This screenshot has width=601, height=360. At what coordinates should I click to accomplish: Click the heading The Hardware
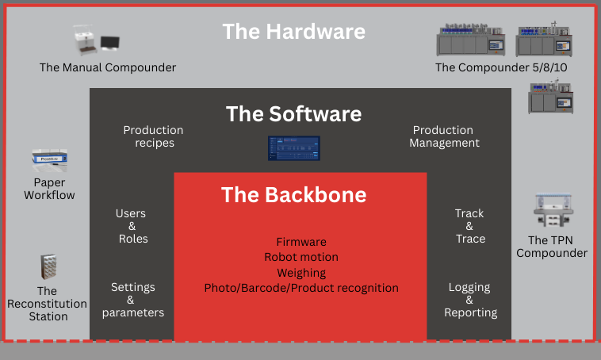(293, 31)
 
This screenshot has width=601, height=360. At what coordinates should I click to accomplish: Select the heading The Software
(293, 113)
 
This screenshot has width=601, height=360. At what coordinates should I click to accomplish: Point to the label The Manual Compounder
(108, 67)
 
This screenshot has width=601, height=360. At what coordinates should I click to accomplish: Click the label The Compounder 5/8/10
(501, 67)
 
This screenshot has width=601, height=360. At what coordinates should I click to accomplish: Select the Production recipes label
(153, 136)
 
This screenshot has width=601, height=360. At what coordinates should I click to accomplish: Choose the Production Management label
(446, 136)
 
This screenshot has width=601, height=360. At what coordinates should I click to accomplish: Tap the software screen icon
(293, 149)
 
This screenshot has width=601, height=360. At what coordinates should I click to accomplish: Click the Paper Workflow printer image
(49, 161)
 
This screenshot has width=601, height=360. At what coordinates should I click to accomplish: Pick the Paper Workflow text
(49, 189)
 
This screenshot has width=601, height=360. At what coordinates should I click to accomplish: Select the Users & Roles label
(132, 226)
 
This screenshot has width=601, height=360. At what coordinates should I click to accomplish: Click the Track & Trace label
(469, 226)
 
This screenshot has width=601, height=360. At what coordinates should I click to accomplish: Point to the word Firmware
(300, 242)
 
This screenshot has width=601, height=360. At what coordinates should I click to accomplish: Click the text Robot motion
(300, 257)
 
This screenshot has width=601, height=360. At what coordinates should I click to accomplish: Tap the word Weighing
(300, 273)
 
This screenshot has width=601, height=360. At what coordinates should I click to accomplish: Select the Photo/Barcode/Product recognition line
(300, 288)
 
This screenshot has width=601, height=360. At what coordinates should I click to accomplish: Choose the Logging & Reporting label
(469, 300)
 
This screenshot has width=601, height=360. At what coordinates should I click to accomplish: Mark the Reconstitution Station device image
(49, 269)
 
